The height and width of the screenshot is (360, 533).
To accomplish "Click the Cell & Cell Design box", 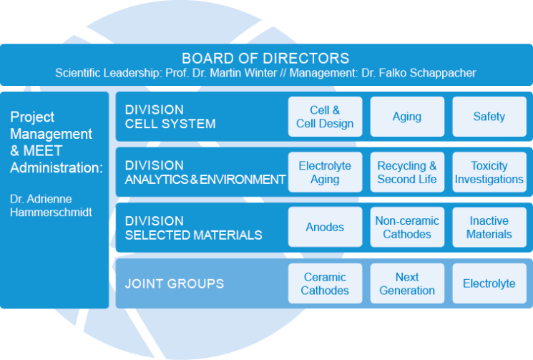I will coord(325,117).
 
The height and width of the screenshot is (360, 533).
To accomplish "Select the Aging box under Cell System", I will coord(407,117).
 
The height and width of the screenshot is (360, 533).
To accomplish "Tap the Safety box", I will coord(489,117).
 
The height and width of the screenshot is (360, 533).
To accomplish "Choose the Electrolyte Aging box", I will coord(325,172).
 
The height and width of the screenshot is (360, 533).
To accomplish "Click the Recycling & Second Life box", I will coord(407,172).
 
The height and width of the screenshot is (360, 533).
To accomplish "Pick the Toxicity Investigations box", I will coord(489,172).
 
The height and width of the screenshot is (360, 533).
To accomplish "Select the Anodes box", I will coord(325,228).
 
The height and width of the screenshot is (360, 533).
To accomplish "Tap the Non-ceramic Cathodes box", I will coord(407,228).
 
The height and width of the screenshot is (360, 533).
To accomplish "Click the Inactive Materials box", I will coord(489,228).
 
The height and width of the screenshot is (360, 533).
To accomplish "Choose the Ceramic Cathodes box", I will coord(325,283).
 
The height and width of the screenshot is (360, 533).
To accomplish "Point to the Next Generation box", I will coord(407,283).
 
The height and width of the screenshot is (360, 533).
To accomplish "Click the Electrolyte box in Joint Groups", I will coord(489,283).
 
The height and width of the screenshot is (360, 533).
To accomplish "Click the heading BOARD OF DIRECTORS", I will coord(265,58).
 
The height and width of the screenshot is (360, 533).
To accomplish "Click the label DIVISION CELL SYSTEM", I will coord(170,117).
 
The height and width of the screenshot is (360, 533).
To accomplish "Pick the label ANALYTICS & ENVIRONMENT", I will coord(205,180).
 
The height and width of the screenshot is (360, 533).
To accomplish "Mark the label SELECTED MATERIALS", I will coord(193,235).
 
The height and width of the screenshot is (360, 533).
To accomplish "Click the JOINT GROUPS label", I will coord(174,283).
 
